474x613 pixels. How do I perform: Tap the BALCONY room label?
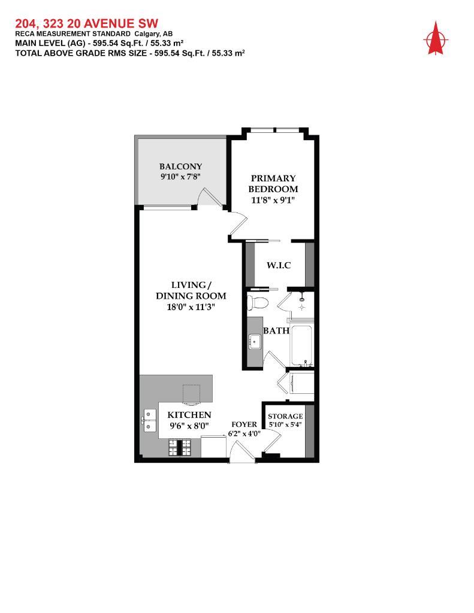click(180, 166)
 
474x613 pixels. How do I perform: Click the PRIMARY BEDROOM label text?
click(273, 183)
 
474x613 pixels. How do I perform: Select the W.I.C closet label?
click(279, 265)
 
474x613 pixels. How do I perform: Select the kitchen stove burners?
click(179, 447)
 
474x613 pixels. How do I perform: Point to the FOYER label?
click(244, 424)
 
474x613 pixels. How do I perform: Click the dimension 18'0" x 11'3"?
click(191, 306)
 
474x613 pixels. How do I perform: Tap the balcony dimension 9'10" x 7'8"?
click(180, 177)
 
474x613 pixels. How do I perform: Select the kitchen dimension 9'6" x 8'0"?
click(189, 426)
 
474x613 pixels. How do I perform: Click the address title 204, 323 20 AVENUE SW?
click(86, 23)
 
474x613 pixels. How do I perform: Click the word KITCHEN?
click(189, 415)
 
